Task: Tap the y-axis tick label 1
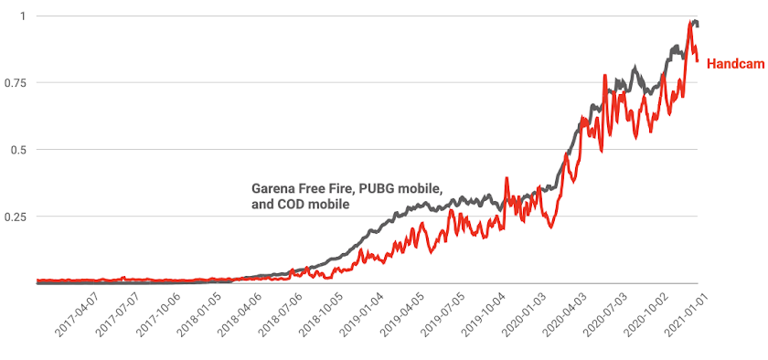pyautogui.click(x=22, y=16)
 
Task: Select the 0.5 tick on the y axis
pyautogui.click(x=18, y=150)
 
